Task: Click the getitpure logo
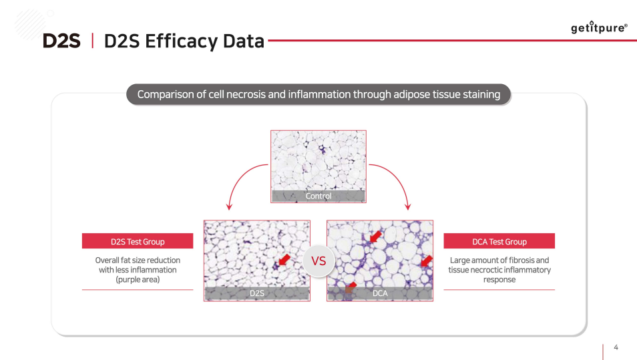(598, 28)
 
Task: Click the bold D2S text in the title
(61, 41)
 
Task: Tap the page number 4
(616, 347)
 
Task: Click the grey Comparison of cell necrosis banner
(318, 95)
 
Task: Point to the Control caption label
(318, 196)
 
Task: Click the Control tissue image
(318, 160)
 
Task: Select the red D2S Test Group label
(138, 242)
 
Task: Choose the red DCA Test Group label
(499, 242)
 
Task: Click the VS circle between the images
(318, 261)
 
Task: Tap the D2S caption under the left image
(257, 293)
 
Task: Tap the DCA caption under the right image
(380, 293)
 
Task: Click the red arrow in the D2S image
(284, 260)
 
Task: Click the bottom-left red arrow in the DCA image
(351, 288)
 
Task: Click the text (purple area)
(138, 280)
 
